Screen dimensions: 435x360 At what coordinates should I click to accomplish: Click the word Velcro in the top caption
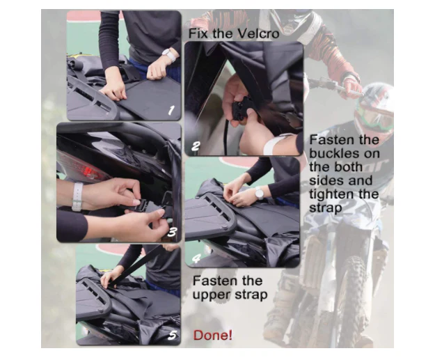pyautogui.click(x=258, y=33)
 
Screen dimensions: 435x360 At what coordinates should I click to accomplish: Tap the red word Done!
pyautogui.click(x=212, y=335)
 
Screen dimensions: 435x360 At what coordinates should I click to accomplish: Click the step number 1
pyautogui.click(x=171, y=111)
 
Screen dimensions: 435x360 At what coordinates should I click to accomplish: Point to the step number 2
pyautogui.click(x=196, y=146)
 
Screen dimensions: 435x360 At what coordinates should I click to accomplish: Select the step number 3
pyautogui.click(x=172, y=232)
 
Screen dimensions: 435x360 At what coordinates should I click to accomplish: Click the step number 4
pyautogui.click(x=196, y=259)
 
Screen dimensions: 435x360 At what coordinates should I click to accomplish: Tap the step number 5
pyautogui.click(x=173, y=335)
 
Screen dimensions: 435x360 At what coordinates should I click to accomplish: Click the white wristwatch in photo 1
pyautogui.click(x=169, y=55)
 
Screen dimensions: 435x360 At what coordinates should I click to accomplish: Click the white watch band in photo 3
pyautogui.click(x=77, y=196)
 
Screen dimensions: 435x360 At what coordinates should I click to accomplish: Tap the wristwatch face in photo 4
pyautogui.click(x=259, y=193)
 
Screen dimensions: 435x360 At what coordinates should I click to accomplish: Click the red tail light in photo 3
pyautogui.click(x=89, y=171)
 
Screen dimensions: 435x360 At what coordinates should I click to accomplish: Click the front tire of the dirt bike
pyautogui.click(x=351, y=300)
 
